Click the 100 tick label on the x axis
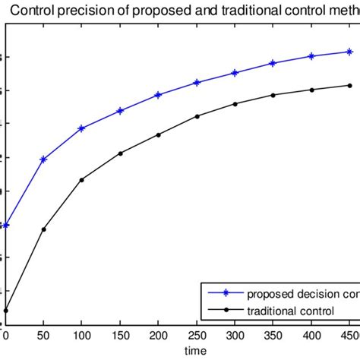click(82, 334)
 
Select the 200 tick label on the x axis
click(158, 334)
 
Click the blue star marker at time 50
click(43, 159)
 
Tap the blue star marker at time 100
click(82, 128)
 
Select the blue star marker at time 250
click(197, 82)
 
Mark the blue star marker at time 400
click(311, 56)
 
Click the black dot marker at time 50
click(43, 229)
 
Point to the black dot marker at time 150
click(120, 153)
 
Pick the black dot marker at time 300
click(235, 103)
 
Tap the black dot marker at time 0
click(6, 311)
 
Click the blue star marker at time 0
click(6, 225)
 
